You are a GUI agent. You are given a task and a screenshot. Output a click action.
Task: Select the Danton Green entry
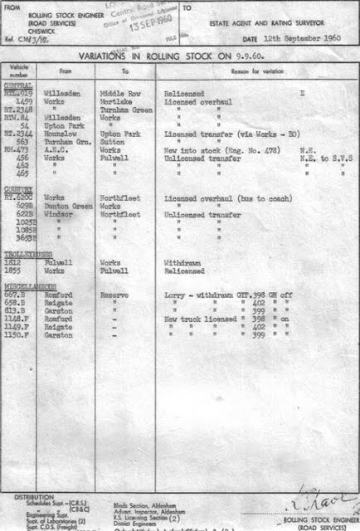pyautogui.click(x=63, y=206)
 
